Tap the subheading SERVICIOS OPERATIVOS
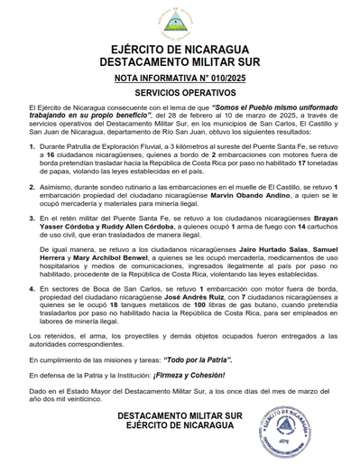180,93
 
